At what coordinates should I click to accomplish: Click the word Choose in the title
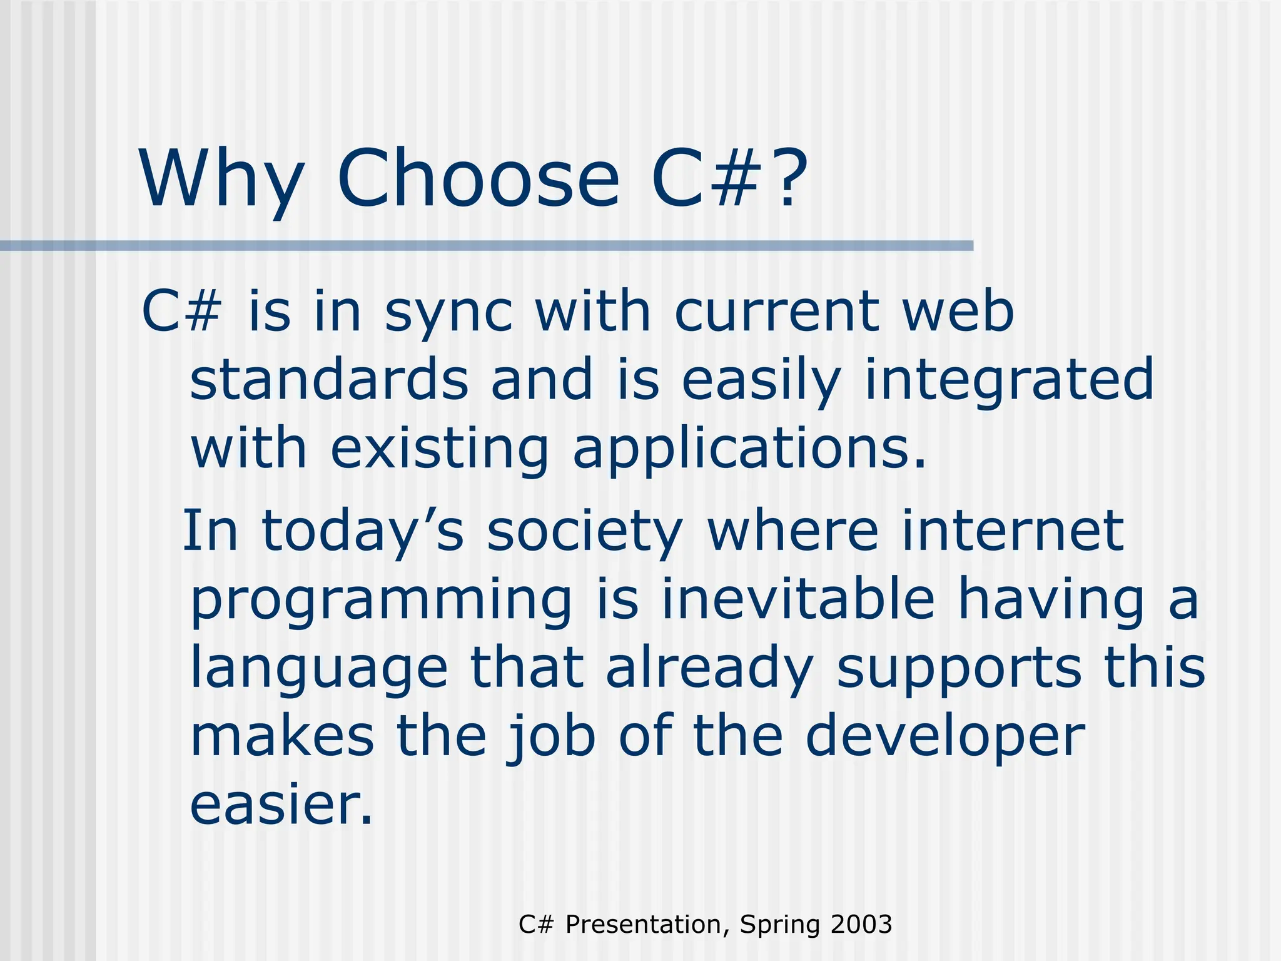[x=478, y=178]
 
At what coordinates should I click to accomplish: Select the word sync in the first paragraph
[x=448, y=313]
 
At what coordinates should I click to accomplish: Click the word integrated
[x=1008, y=381]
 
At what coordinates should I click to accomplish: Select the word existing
[x=439, y=450]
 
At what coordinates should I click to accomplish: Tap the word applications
[x=748, y=450]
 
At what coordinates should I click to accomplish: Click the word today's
[x=363, y=531]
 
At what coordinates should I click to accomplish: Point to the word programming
[x=381, y=601]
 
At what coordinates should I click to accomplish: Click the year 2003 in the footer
[x=861, y=924]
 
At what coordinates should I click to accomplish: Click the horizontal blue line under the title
[x=487, y=246]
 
